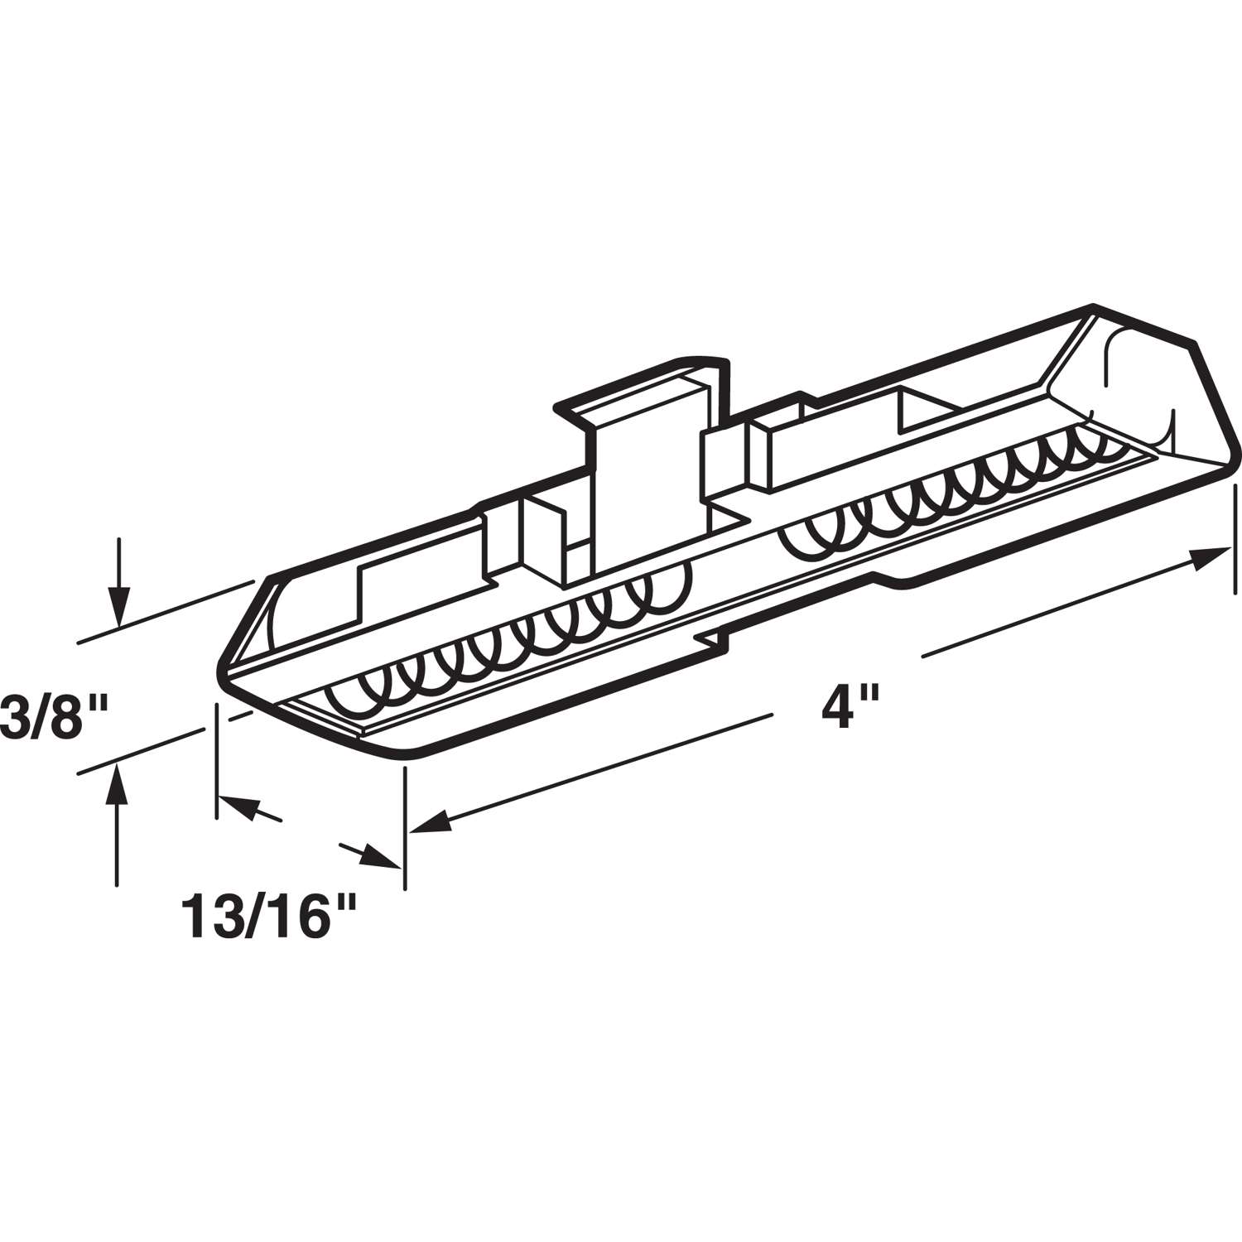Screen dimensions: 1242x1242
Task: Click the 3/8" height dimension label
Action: [x=51, y=714]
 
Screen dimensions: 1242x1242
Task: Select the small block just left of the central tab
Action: [x=542, y=530]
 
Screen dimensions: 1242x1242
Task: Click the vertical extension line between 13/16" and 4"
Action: [x=404, y=828]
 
